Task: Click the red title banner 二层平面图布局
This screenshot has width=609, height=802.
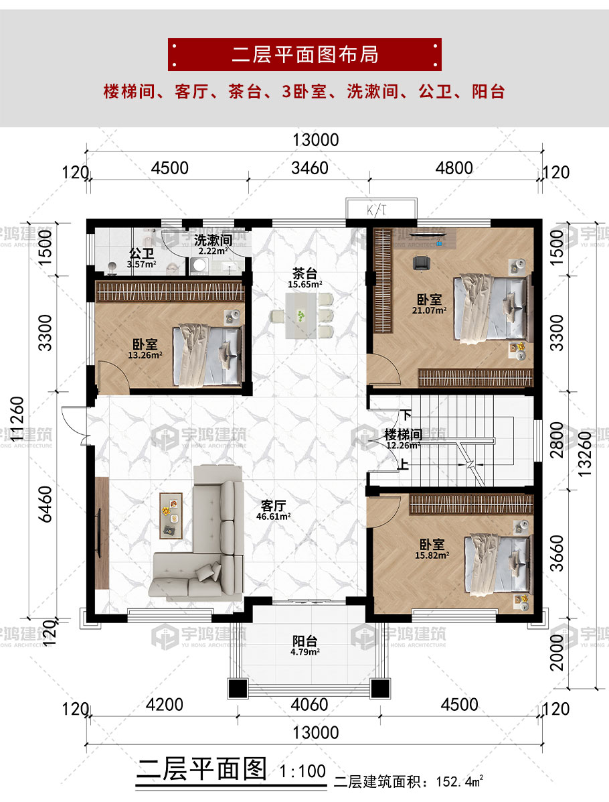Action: click(304, 54)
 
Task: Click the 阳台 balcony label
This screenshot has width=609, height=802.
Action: click(305, 645)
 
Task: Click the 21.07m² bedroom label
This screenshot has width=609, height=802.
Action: click(429, 304)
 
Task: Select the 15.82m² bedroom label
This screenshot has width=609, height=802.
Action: click(432, 549)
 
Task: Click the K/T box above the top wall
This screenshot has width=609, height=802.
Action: click(381, 208)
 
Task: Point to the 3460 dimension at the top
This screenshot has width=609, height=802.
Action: click(310, 168)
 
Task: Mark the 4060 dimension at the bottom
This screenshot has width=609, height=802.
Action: click(309, 704)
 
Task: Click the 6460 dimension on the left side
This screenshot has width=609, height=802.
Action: click(46, 504)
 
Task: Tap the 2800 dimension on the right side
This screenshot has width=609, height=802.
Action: click(556, 440)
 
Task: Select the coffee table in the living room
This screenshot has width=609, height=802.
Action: click(171, 516)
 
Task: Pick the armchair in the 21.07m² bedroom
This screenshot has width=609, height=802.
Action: click(422, 263)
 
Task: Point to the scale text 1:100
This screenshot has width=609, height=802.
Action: click(302, 771)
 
